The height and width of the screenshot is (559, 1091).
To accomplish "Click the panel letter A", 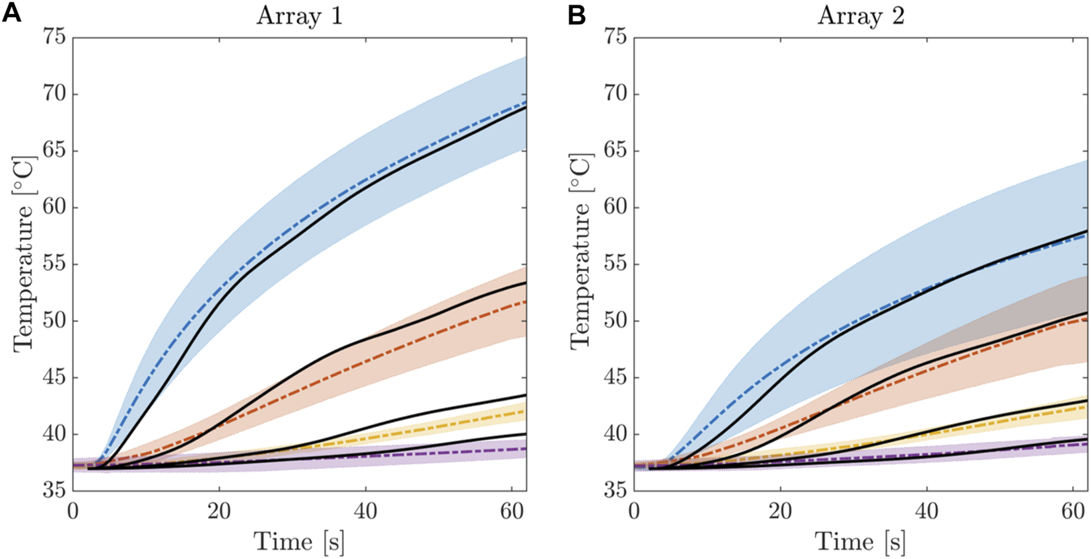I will click(11, 13).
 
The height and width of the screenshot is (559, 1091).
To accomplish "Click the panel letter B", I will click(577, 14).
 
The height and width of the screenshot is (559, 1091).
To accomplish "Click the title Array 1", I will click(299, 16).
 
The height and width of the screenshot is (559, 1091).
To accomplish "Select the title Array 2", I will click(861, 16).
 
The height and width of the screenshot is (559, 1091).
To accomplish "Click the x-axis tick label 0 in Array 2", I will click(635, 511).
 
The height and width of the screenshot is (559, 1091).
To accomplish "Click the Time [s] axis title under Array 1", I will click(299, 542).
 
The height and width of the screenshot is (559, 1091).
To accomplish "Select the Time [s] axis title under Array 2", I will click(861, 542).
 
